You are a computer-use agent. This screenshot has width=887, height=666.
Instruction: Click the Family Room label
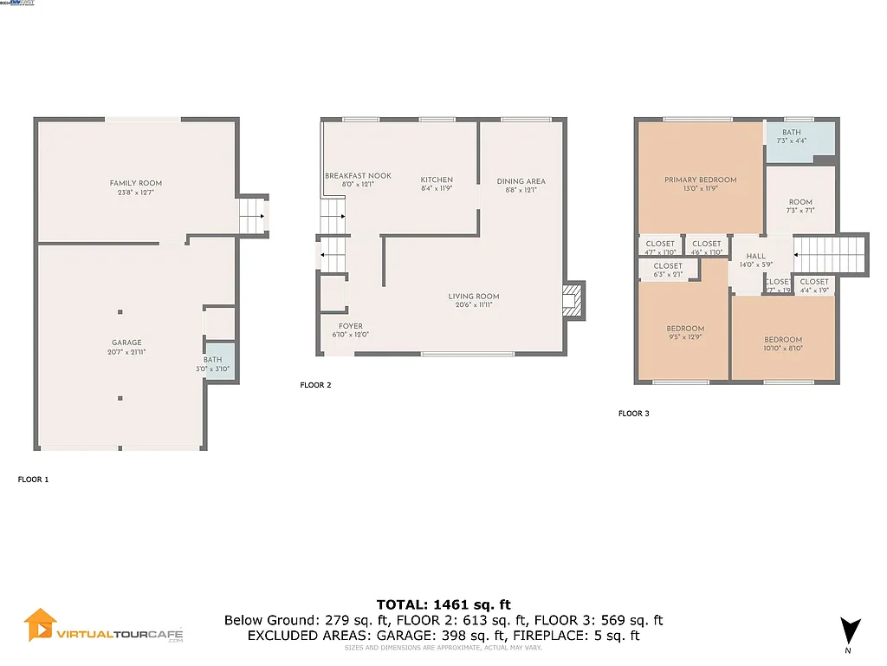[x=135, y=183]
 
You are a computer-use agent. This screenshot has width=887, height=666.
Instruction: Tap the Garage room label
[x=126, y=343]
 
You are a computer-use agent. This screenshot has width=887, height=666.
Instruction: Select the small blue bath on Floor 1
[x=213, y=364]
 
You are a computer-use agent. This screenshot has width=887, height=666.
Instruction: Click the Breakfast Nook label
[x=358, y=176]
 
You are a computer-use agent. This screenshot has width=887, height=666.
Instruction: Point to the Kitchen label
[x=437, y=180]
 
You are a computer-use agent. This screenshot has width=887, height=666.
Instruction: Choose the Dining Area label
[x=521, y=182]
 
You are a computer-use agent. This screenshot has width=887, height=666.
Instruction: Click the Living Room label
[x=473, y=297]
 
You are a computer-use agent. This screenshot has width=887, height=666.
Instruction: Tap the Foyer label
[x=351, y=327]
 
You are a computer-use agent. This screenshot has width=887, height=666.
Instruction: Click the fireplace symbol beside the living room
[x=572, y=299]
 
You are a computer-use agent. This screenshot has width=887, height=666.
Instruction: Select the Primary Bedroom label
[x=700, y=180]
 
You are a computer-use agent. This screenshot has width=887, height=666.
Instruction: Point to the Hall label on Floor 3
[x=755, y=257]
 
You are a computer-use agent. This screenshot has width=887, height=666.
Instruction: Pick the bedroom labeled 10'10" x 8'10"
[x=782, y=340]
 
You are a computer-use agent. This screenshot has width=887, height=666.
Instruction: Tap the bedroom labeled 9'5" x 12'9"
[x=684, y=329]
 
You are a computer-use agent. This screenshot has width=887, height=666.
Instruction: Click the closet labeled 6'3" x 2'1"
[x=668, y=267]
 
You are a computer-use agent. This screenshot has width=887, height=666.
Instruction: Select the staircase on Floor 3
[x=829, y=255]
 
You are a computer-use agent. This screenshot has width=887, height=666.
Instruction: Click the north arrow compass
[x=851, y=631]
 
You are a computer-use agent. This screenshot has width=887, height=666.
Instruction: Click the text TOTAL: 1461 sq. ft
[x=443, y=604]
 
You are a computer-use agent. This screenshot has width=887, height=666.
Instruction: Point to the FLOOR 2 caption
[x=315, y=385]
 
